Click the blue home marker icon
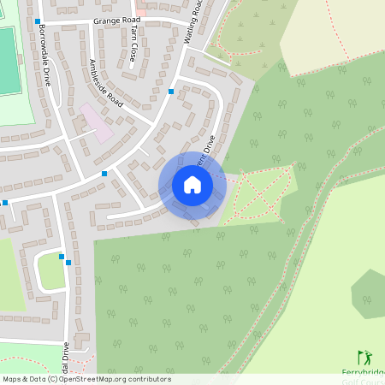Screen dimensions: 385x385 [192, 185]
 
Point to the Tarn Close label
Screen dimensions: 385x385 [134, 44]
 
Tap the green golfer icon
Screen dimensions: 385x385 [364, 358]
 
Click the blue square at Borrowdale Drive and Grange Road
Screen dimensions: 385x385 [38, 20]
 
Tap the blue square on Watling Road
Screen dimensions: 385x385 [171, 91]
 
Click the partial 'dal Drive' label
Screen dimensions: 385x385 [64, 359]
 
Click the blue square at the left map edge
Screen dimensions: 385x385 [4, 203]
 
